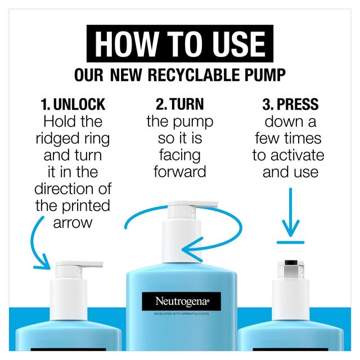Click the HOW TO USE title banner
click(x=180, y=43)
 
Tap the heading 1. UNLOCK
click(x=73, y=104)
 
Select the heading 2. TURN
click(x=180, y=104)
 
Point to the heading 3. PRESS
click(x=290, y=104)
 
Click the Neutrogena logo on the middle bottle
click(x=181, y=301)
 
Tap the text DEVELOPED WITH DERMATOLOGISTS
click(x=181, y=314)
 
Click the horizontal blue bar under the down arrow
click(x=290, y=242)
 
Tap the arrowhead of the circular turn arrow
click(x=191, y=250)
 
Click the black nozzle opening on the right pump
click(x=291, y=263)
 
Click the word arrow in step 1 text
click(x=73, y=223)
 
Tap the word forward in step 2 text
click(x=180, y=172)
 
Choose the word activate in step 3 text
click(x=298, y=155)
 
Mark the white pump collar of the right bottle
click(x=291, y=299)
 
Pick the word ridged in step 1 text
click(x=57, y=139)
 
